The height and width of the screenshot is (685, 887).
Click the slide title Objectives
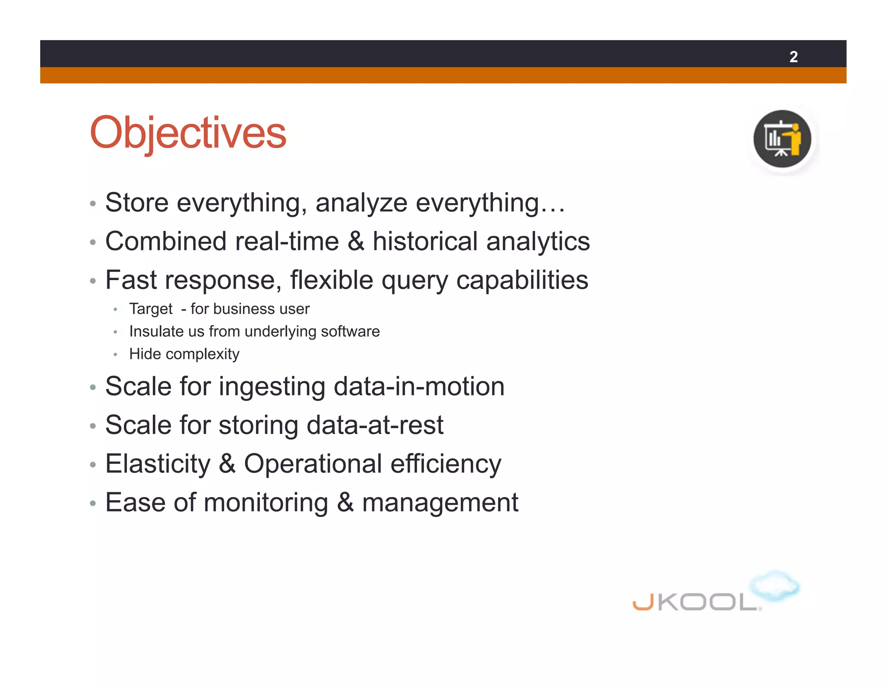point(188,132)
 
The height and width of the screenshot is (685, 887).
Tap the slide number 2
point(793,57)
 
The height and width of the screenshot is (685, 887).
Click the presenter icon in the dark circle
point(782,139)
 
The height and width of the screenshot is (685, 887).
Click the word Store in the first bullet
point(136,202)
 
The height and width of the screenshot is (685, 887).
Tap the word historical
point(425,241)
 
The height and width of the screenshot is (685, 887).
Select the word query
point(414,281)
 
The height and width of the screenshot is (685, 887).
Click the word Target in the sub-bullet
point(151,309)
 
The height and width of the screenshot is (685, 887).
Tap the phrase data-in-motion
point(419,386)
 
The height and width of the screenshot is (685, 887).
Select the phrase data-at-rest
point(375,425)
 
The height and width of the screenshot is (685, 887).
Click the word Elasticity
point(158,464)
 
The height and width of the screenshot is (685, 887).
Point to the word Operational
point(313,464)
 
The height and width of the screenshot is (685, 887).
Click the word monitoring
point(266,503)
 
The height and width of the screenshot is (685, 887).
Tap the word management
point(440,503)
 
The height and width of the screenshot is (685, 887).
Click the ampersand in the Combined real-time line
point(356,241)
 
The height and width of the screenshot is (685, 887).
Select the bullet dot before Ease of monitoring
point(92,504)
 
